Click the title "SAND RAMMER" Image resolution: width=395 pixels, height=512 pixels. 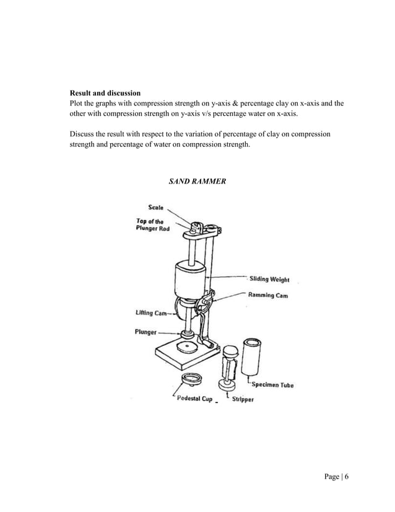click(x=197, y=181)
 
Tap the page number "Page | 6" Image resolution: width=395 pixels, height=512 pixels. click(x=337, y=476)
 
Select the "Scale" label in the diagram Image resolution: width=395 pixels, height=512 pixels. click(x=155, y=208)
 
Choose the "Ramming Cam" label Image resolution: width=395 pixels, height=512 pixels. click(x=267, y=296)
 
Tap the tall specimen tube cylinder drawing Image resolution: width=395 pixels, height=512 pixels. click(x=253, y=356)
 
